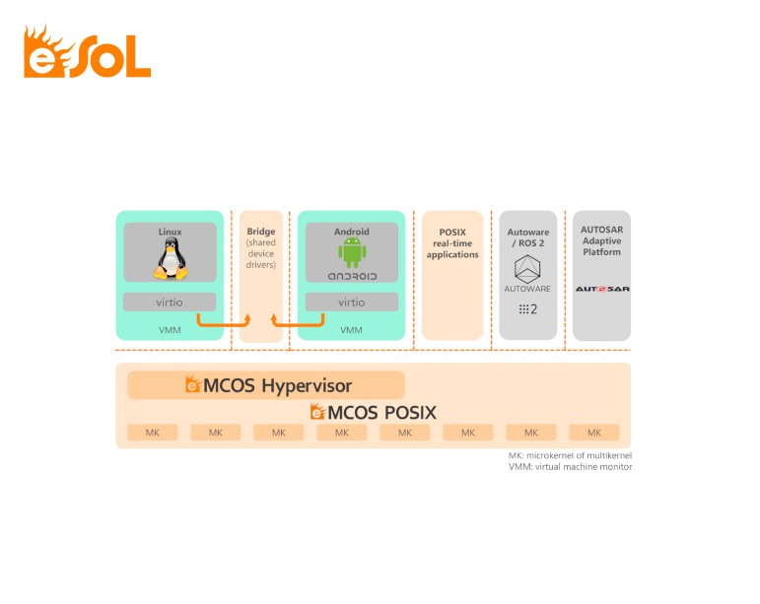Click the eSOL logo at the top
click(x=87, y=53)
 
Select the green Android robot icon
click(x=352, y=253)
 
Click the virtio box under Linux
click(x=170, y=302)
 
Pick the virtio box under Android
click(x=352, y=302)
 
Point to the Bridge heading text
click(x=261, y=232)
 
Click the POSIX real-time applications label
click(x=452, y=243)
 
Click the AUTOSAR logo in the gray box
click(x=602, y=289)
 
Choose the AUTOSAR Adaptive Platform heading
click(x=602, y=240)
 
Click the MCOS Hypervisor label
click(x=269, y=385)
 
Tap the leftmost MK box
click(x=152, y=433)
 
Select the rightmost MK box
click(x=594, y=433)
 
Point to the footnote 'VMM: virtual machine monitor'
click(x=570, y=467)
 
